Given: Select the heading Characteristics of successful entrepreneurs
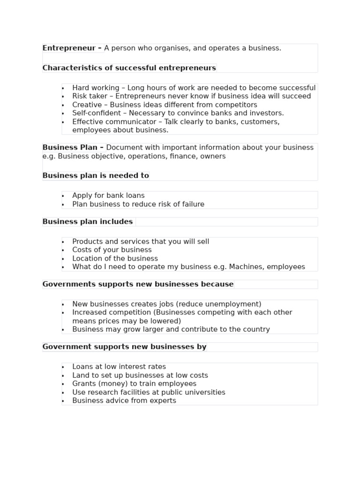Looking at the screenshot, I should click(129, 68).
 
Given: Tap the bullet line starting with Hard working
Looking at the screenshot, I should click(194, 88).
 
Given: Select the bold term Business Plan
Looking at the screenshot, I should click(70, 148).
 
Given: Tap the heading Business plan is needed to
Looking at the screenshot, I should click(96, 176).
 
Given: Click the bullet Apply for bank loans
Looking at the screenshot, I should click(108, 195).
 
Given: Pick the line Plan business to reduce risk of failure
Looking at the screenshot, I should click(138, 204).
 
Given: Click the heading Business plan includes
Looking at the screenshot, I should click(88, 222).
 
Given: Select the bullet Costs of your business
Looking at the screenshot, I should click(112, 250).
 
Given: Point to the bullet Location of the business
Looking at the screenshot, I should click(115, 258).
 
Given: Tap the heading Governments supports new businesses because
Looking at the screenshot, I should click(138, 284).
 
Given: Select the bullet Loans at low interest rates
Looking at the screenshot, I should click(119, 367).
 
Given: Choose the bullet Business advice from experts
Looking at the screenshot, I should click(124, 400).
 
